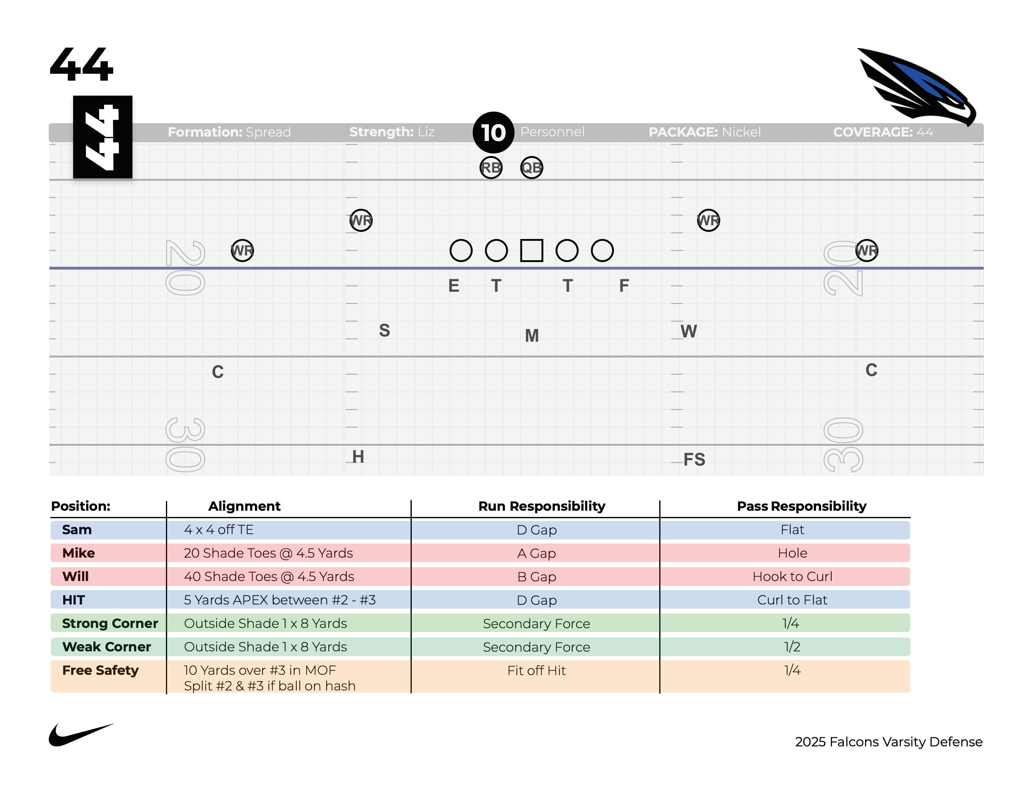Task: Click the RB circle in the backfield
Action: coord(491,168)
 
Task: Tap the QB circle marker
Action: coord(531,168)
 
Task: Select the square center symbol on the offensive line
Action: coord(531,250)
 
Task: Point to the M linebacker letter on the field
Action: coord(531,336)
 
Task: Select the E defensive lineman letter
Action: coord(453,286)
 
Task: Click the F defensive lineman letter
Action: coord(624,286)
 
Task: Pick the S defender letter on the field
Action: coord(384,330)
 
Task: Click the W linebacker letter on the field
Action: coord(688,331)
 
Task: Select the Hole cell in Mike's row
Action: coord(792,553)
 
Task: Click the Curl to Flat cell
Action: coord(792,600)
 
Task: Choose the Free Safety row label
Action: coord(100,670)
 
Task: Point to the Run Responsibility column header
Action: coord(541,506)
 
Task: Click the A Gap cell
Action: coord(536,553)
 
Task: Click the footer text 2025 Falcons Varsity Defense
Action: coord(889,742)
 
